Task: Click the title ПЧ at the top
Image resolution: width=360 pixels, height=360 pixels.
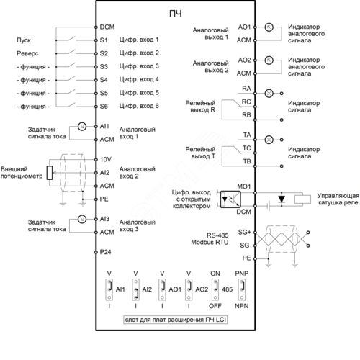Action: click(x=176, y=14)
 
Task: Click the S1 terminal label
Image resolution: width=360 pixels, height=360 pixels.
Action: click(x=104, y=40)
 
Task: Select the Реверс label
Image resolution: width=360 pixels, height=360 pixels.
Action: click(x=27, y=53)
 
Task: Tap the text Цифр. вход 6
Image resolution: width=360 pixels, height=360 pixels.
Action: click(x=139, y=106)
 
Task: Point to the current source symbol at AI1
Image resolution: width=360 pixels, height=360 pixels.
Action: click(x=82, y=126)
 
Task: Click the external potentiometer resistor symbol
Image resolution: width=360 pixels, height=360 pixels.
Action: click(x=50, y=173)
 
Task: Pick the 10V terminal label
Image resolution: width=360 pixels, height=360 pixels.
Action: click(x=106, y=159)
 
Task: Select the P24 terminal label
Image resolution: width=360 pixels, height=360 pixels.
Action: click(x=105, y=252)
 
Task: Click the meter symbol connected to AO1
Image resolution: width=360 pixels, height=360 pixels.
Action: click(x=269, y=27)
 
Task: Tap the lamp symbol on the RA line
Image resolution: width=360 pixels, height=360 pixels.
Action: click(x=269, y=93)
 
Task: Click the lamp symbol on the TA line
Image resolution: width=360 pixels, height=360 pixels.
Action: click(x=269, y=140)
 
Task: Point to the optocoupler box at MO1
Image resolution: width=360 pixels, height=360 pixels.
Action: click(x=230, y=199)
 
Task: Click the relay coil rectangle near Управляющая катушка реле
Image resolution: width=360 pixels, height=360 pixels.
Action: click(x=302, y=199)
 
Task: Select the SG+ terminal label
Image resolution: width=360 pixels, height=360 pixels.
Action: click(x=244, y=232)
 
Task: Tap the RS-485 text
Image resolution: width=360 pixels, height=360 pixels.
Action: click(x=217, y=235)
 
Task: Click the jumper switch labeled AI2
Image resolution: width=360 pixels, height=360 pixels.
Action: click(x=135, y=289)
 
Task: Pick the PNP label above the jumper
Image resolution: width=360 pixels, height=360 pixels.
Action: click(x=242, y=274)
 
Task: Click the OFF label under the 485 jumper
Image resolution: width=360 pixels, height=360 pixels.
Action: click(x=215, y=306)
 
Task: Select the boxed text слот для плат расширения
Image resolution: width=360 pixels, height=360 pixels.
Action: click(x=175, y=320)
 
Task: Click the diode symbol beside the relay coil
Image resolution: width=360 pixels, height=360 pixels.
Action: click(x=282, y=199)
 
